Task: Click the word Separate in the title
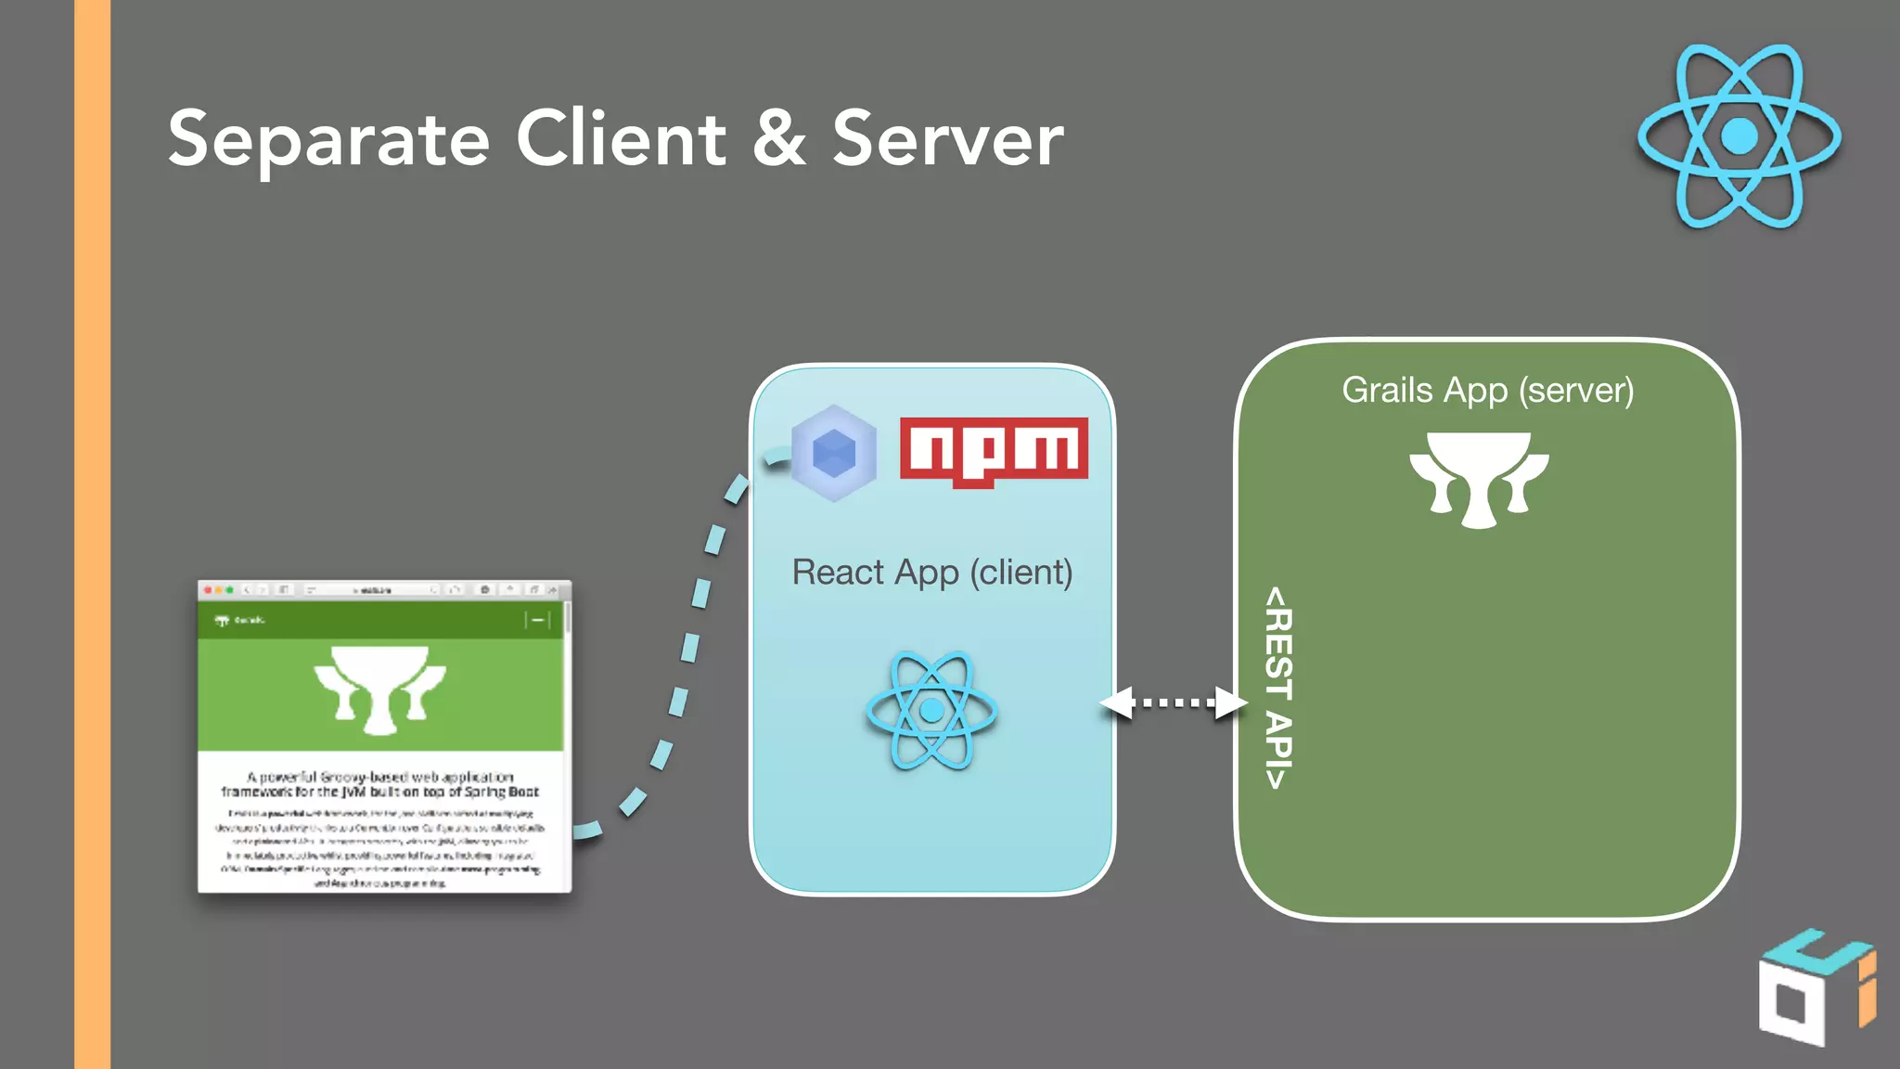point(328,139)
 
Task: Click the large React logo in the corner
point(1739,136)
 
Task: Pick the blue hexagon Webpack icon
point(833,453)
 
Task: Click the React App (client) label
point(931,573)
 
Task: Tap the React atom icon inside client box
point(931,711)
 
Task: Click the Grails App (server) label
point(1487,390)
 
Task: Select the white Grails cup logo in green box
point(1479,479)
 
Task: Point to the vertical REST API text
point(1278,687)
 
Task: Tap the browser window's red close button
point(208,590)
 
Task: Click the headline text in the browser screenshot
point(379,784)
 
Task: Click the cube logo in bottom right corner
point(1815,987)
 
